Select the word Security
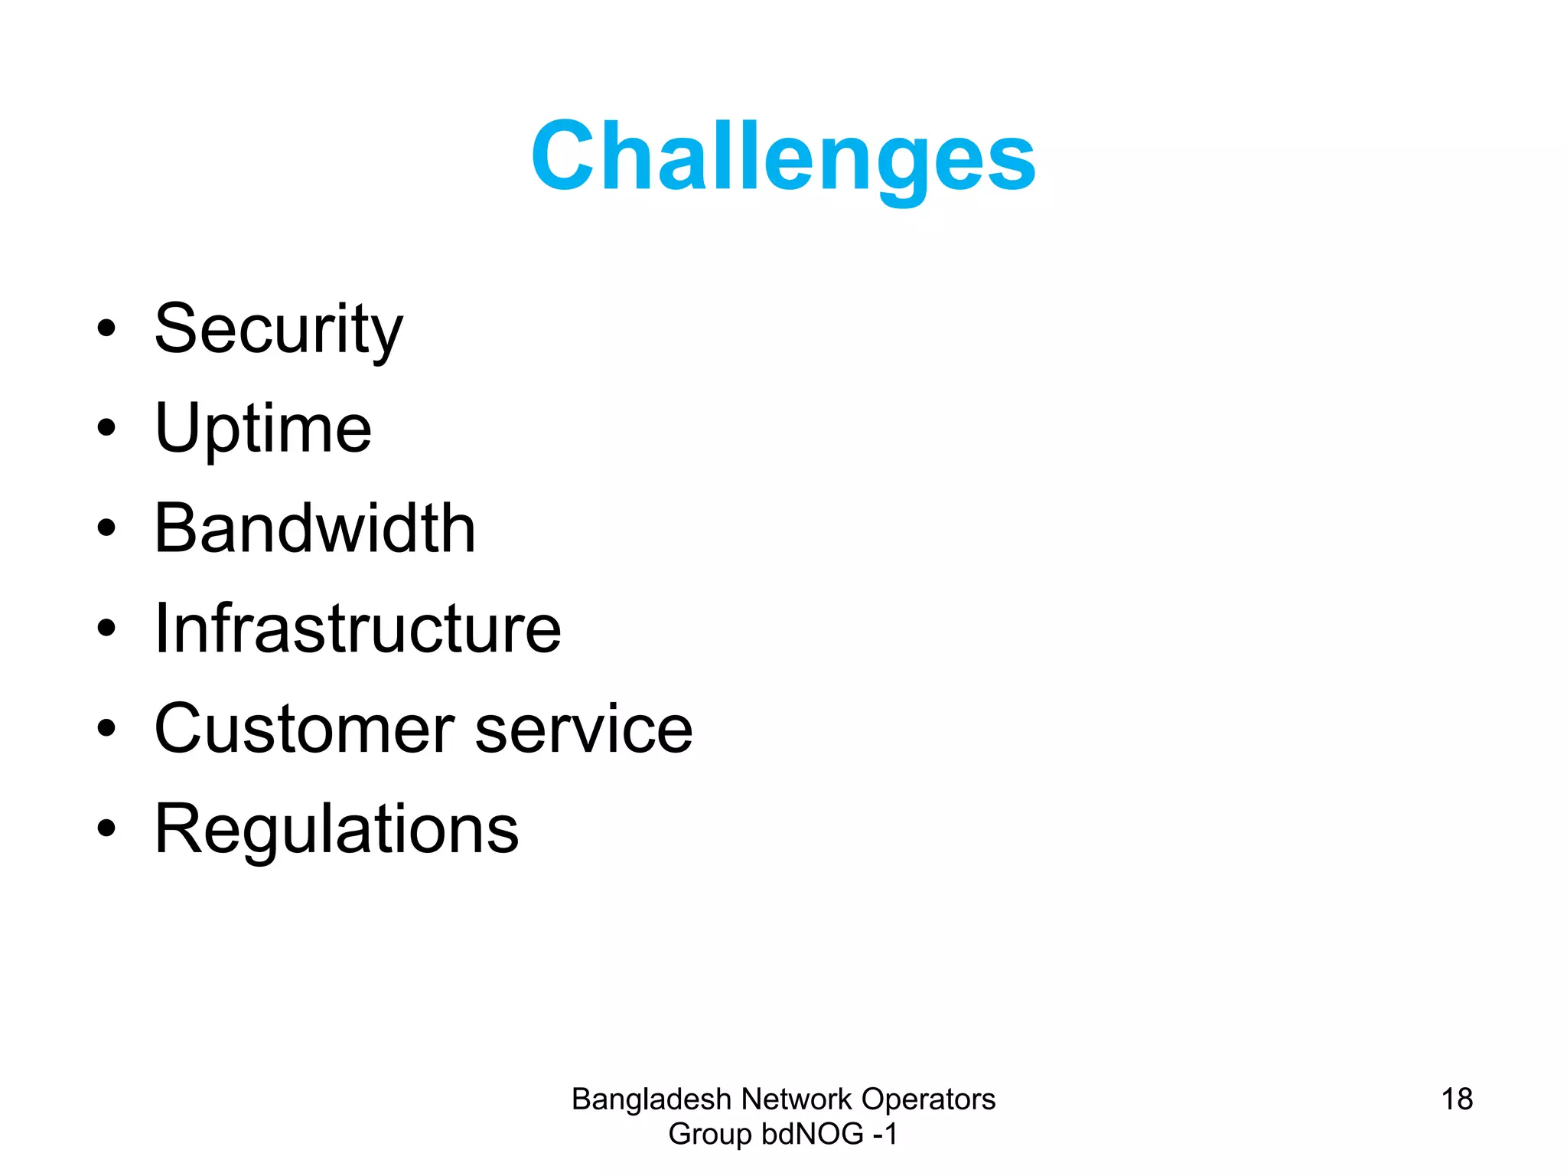tap(279, 329)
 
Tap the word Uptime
tap(263, 429)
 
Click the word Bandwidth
tap(315, 528)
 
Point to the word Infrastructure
tap(358, 629)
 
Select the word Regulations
tap(337, 829)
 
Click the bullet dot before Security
tap(106, 329)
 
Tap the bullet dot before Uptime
tap(106, 429)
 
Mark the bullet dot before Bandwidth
tap(106, 528)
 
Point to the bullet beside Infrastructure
tap(106, 629)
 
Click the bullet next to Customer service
tap(106, 729)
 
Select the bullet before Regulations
tap(106, 828)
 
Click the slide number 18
tap(1457, 1099)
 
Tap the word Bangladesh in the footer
tap(652, 1099)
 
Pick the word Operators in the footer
tap(928, 1099)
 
